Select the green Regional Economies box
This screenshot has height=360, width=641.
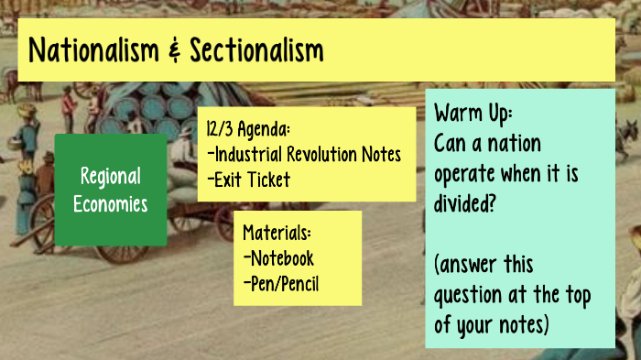click(111, 190)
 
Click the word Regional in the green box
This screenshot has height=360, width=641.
click(111, 177)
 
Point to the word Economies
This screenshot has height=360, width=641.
click(111, 203)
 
